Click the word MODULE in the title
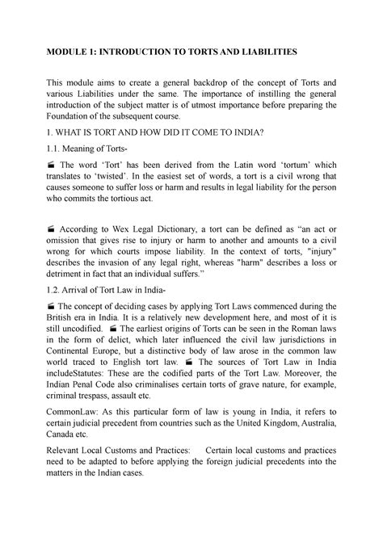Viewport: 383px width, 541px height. [68, 52]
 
